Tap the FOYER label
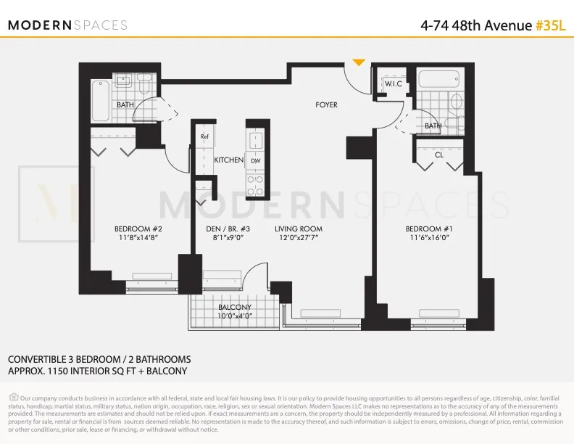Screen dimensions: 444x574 pos(326,105)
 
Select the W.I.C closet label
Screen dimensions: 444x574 pos(394,84)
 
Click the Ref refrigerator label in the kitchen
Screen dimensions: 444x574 pos(205,136)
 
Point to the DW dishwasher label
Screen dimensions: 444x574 pos(255,160)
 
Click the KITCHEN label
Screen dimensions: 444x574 pos(228,160)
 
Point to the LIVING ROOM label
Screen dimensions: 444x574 pos(298,229)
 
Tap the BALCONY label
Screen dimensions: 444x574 pos(235,307)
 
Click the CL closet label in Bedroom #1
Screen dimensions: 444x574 pos(439,155)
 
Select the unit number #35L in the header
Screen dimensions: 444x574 pos(550,25)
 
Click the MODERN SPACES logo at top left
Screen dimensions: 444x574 pos(67,25)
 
